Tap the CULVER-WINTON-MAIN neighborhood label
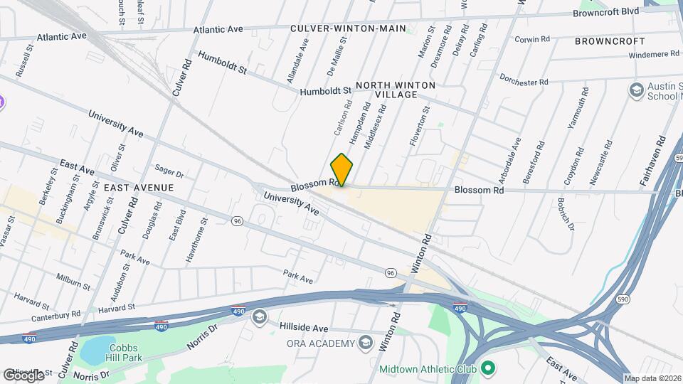[348, 28]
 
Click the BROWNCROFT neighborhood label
[610, 41]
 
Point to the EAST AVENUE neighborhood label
[139, 187]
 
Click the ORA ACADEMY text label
[320, 344]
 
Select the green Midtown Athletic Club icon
[488, 368]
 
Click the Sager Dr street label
[169, 173]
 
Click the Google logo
[23, 375]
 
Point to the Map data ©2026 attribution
[652, 378]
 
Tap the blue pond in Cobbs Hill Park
[97, 349]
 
